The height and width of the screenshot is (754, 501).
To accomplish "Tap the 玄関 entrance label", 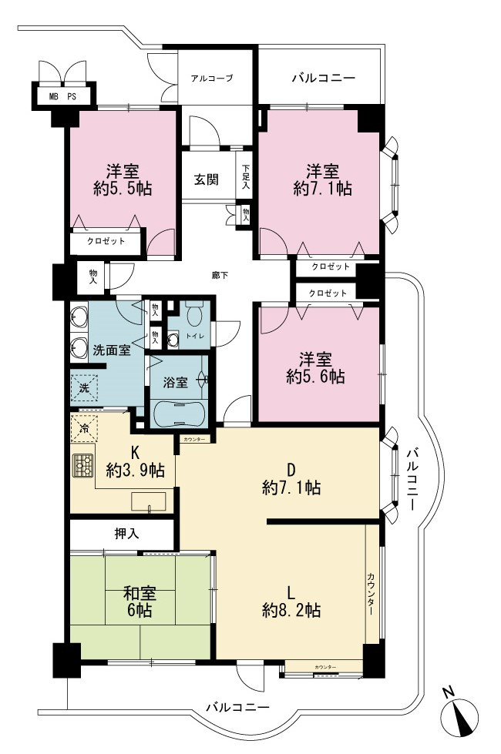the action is click(207, 179).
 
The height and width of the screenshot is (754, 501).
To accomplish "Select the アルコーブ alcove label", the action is click(212, 78).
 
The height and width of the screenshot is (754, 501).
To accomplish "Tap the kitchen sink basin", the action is click(149, 501).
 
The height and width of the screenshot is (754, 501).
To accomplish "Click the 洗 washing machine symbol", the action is click(84, 387).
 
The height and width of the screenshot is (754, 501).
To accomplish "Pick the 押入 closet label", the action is click(127, 533).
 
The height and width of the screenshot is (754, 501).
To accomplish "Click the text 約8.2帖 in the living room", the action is click(291, 610).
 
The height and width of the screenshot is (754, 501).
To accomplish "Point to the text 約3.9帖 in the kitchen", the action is click(135, 470).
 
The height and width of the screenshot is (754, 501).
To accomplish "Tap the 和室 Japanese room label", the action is click(140, 593).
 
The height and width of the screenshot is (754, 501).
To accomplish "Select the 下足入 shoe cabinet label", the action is click(246, 176).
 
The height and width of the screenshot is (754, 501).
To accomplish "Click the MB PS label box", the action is click(63, 96).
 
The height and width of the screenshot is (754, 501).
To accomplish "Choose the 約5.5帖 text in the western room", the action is click(123, 188).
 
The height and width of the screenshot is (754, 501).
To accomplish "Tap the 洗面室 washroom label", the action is click(111, 350).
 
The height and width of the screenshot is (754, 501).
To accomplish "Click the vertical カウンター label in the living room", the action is click(371, 595).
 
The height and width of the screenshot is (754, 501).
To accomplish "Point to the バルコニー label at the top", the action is click(324, 78).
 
